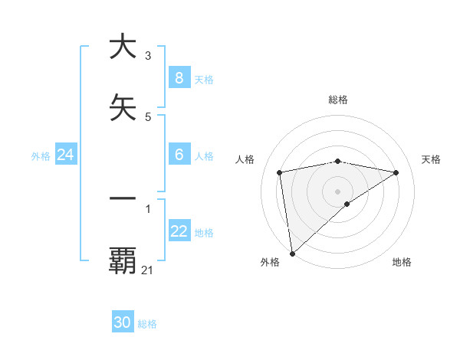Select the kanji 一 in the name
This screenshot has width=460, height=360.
click(x=123, y=198)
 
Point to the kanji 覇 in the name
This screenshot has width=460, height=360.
click(x=123, y=260)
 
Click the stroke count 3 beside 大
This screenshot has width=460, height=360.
click(x=148, y=56)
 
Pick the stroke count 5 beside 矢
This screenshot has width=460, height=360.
click(x=148, y=117)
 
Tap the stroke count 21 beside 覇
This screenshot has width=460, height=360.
click(x=148, y=270)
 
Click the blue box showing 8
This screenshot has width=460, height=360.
click(x=179, y=78)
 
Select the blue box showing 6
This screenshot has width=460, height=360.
click(x=179, y=155)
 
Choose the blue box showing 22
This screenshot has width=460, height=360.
click(x=179, y=231)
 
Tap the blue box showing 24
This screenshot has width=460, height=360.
click(x=66, y=155)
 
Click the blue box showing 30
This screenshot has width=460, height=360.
click(x=123, y=322)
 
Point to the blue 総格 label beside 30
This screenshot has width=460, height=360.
click(x=147, y=324)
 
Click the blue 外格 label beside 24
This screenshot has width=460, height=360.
click(x=41, y=156)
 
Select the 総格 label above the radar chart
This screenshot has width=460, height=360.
click(x=338, y=100)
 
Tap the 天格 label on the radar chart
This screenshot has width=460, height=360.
click(x=432, y=159)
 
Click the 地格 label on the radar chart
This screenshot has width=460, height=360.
click(x=402, y=263)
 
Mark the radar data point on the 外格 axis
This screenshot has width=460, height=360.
click(x=292, y=253)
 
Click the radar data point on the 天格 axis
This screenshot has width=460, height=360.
click(x=396, y=172)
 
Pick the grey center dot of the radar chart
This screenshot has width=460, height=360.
click(x=338, y=191)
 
